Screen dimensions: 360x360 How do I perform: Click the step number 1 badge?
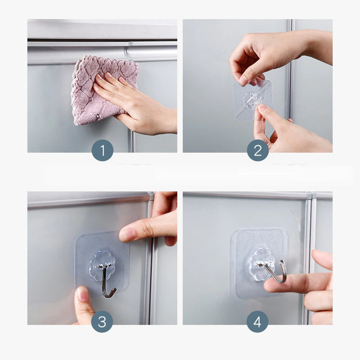[x=103, y=150]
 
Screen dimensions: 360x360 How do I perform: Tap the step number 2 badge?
[x=258, y=150]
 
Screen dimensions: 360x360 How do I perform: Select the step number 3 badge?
[x=102, y=322]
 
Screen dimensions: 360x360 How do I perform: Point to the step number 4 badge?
[x=257, y=322]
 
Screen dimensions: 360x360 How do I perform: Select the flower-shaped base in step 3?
[x=102, y=266]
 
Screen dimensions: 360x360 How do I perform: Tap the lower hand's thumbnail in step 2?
[x=262, y=108]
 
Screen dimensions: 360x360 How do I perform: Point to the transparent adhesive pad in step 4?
[x=260, y=263]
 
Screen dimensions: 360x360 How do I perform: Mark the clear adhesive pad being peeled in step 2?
[x=252, y=100]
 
